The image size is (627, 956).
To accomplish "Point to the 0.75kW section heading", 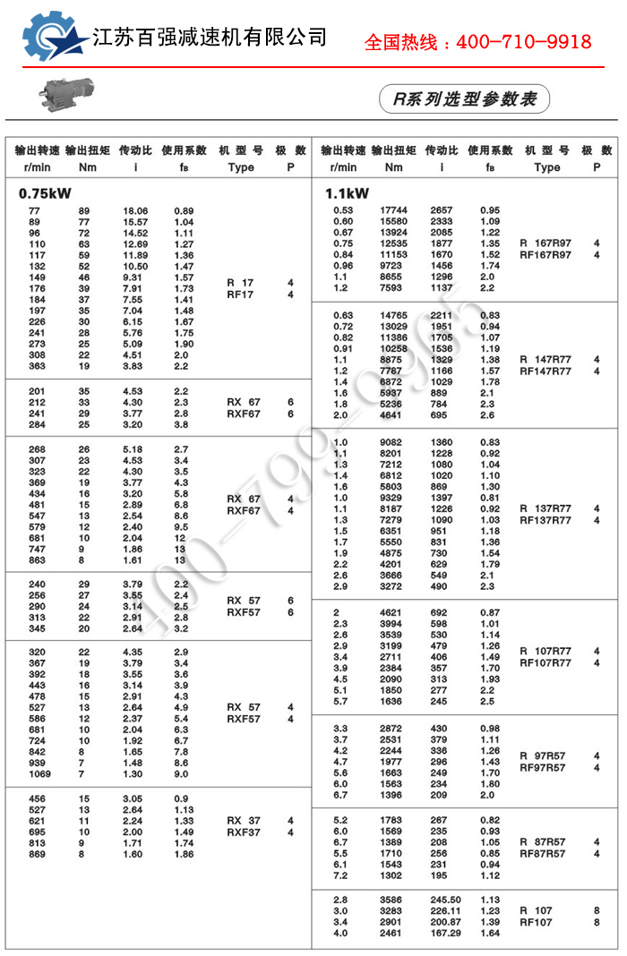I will coord(45,192).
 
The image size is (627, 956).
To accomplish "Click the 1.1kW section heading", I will coord(348,192).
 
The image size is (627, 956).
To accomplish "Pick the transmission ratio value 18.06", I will coord(135,210).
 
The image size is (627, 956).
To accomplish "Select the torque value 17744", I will coord(393,210).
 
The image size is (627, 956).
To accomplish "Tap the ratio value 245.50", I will coord(444,900).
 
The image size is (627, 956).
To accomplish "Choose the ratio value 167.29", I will coord(444,934).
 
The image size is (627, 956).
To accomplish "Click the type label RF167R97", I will coord(545,255).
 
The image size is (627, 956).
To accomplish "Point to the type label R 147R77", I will coord(545,360).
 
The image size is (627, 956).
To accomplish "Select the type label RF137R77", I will coord(545,520).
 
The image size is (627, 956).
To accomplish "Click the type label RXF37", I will coord(244,832).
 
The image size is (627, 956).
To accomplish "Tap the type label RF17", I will coord(240,294).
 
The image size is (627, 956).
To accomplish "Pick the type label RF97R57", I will coord(543,768).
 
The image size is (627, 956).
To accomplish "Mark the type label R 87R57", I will coord(543,842).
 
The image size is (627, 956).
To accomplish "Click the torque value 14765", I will coord(393,315).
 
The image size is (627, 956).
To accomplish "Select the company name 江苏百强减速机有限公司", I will coord(210,38).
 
